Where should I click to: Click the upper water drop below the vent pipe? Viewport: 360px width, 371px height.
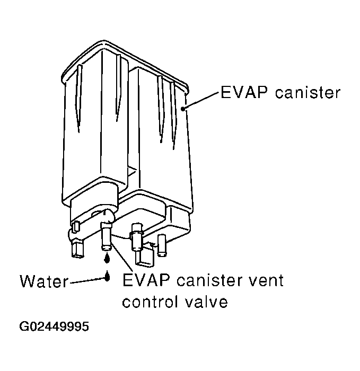pyautogui.click(x=107, y=258)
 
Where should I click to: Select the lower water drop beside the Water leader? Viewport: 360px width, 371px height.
pyautogui.click(x=107, y=276)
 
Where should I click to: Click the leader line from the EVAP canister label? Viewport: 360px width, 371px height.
pyautogui.click(x=200, y=101)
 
